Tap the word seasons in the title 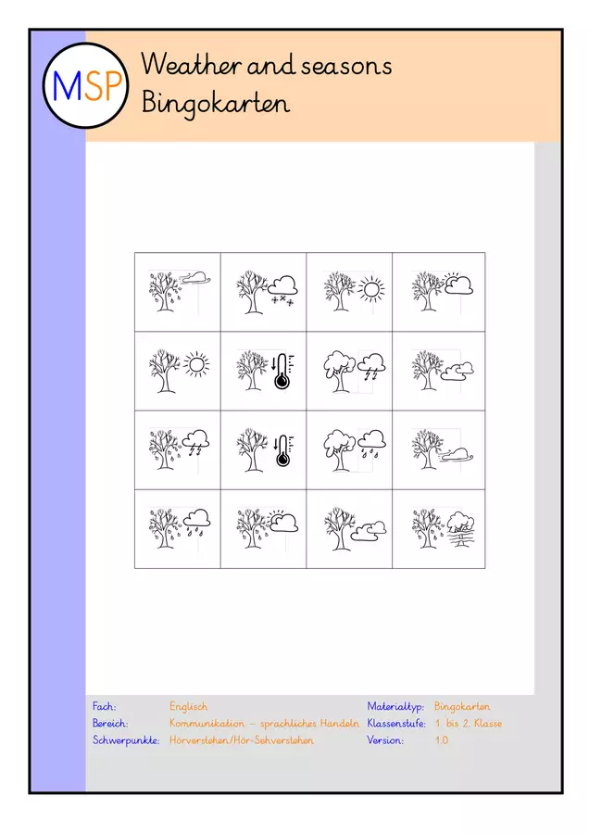click(x=346, y=67)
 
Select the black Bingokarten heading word click(x=215, y=103)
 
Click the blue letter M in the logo click(x=67, y=86)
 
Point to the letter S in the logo click(x=92, y=86)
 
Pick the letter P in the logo click(x=113, y=86)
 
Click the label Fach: click(x=105, y=706)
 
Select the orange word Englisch click(x=189, y=706)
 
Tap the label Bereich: click(x=110, y=724)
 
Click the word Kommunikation click(x=207, y=724)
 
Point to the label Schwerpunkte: click(x=126, y=739)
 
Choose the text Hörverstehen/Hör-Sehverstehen click(x=242, y=739)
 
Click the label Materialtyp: click(x=395, y=707)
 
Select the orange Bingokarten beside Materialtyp click(x=462, y=707)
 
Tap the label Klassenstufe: click(x=396, y=724)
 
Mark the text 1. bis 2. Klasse click(x=469, y=724)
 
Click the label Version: click(x=385, y=739)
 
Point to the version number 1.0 click(x=441, y=739)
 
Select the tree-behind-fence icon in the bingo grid click(x=460, y=530)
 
